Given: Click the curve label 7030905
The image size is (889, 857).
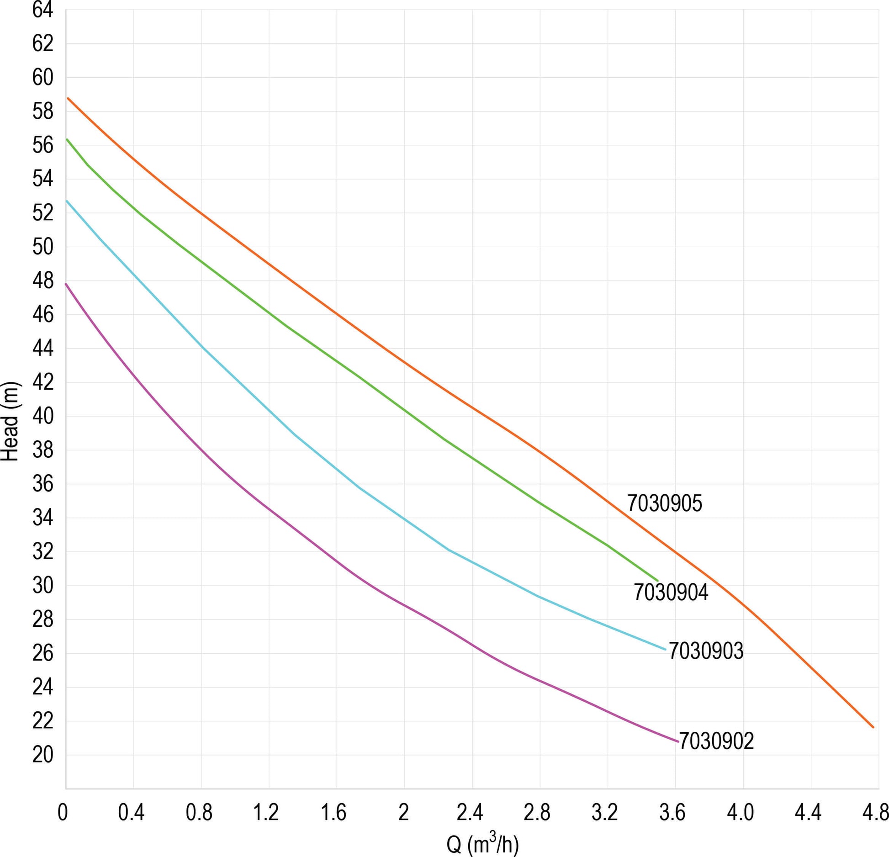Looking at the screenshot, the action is (x=664, y=503).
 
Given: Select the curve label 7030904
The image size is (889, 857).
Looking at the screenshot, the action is (x=671, y=592).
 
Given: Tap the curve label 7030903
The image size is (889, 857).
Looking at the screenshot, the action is (x=706, y=651).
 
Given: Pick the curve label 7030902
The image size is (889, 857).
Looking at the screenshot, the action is (x=716, y=741).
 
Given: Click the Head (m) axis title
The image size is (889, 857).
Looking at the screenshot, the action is (x=10, y=421).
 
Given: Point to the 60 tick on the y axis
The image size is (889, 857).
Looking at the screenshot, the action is (x=42, y=78).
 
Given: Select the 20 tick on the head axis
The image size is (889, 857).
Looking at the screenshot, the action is (x=42, y=755).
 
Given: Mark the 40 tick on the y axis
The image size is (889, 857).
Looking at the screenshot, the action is (x=42, y=416).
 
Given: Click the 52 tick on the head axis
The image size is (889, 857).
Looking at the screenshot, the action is (x=42, y=213).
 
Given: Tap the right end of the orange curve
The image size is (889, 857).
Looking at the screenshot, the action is (x=873, y=727).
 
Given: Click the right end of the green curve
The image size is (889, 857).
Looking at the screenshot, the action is (x=657, y=581).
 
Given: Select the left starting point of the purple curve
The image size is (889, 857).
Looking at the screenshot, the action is (x=66, y=284).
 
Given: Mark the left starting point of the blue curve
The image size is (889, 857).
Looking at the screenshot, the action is (x=67, y=201).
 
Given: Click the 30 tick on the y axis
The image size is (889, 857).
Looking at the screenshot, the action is (x=42, y=585).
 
